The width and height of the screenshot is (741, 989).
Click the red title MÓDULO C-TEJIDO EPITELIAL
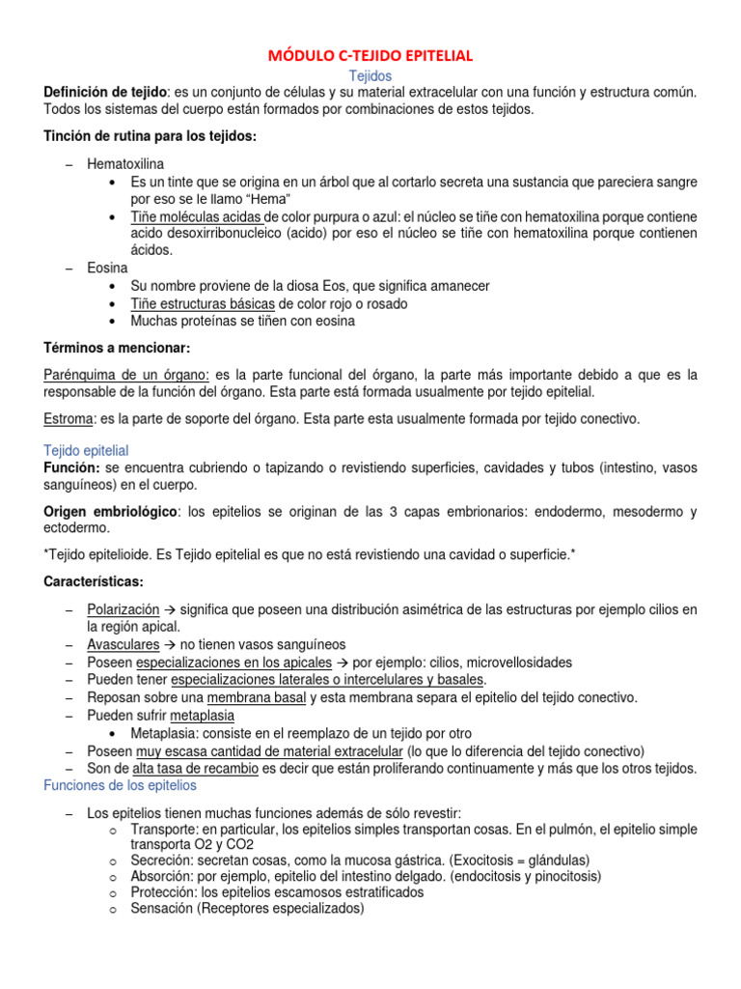click(x=370, y=56)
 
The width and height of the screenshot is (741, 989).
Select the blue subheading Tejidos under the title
click(x=370, y=74)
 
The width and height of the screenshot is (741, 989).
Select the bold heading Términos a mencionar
click(x=119, y=347)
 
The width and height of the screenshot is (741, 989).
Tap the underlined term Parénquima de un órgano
click(x=127, y=374)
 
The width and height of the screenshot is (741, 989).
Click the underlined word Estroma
click(x=69, y=418)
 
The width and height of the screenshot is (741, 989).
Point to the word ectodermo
click(x=77, y=528)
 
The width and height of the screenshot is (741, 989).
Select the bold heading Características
click(x=94, y=582)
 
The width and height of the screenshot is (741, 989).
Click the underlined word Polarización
click(x=123, y=610)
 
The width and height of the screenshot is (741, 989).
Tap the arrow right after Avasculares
click(x=168, y=645)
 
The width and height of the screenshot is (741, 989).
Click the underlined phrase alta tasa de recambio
click(x=195, y=768)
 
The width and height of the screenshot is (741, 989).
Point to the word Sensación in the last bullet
click(x=162, y=909)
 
